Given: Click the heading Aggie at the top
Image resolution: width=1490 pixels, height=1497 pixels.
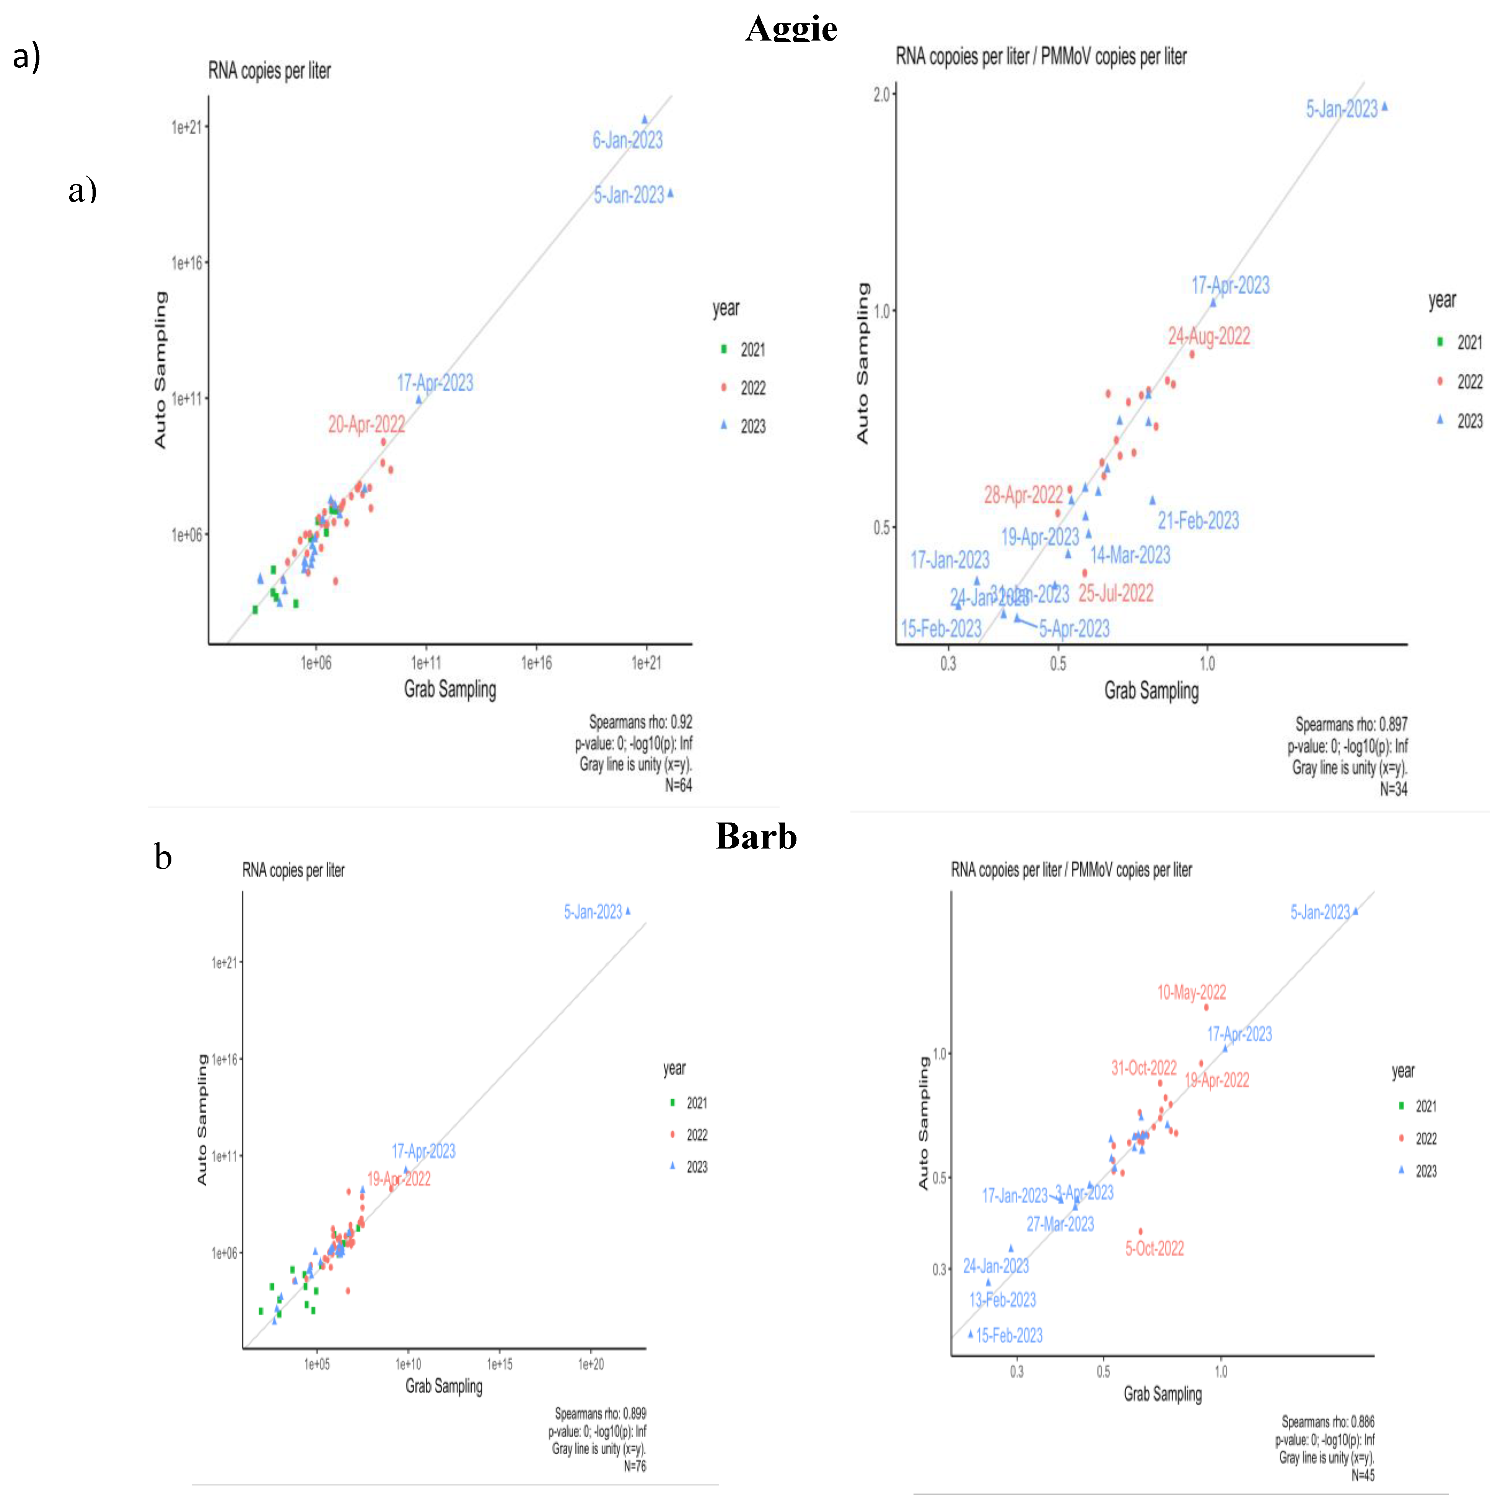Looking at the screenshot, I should [791, 29].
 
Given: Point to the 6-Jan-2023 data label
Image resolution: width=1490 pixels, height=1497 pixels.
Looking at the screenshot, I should [628, 140].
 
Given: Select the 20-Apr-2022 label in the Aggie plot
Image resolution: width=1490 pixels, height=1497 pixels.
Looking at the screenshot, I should [366, 425].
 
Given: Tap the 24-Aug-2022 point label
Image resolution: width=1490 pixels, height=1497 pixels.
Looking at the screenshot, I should [1209, 336].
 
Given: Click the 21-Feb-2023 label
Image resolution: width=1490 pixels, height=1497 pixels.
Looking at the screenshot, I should [1198, 521].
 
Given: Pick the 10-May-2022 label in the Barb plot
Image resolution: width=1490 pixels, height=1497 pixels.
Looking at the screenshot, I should [1191, 992].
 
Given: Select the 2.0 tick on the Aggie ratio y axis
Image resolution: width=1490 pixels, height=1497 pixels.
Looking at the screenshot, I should [882, 94].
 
